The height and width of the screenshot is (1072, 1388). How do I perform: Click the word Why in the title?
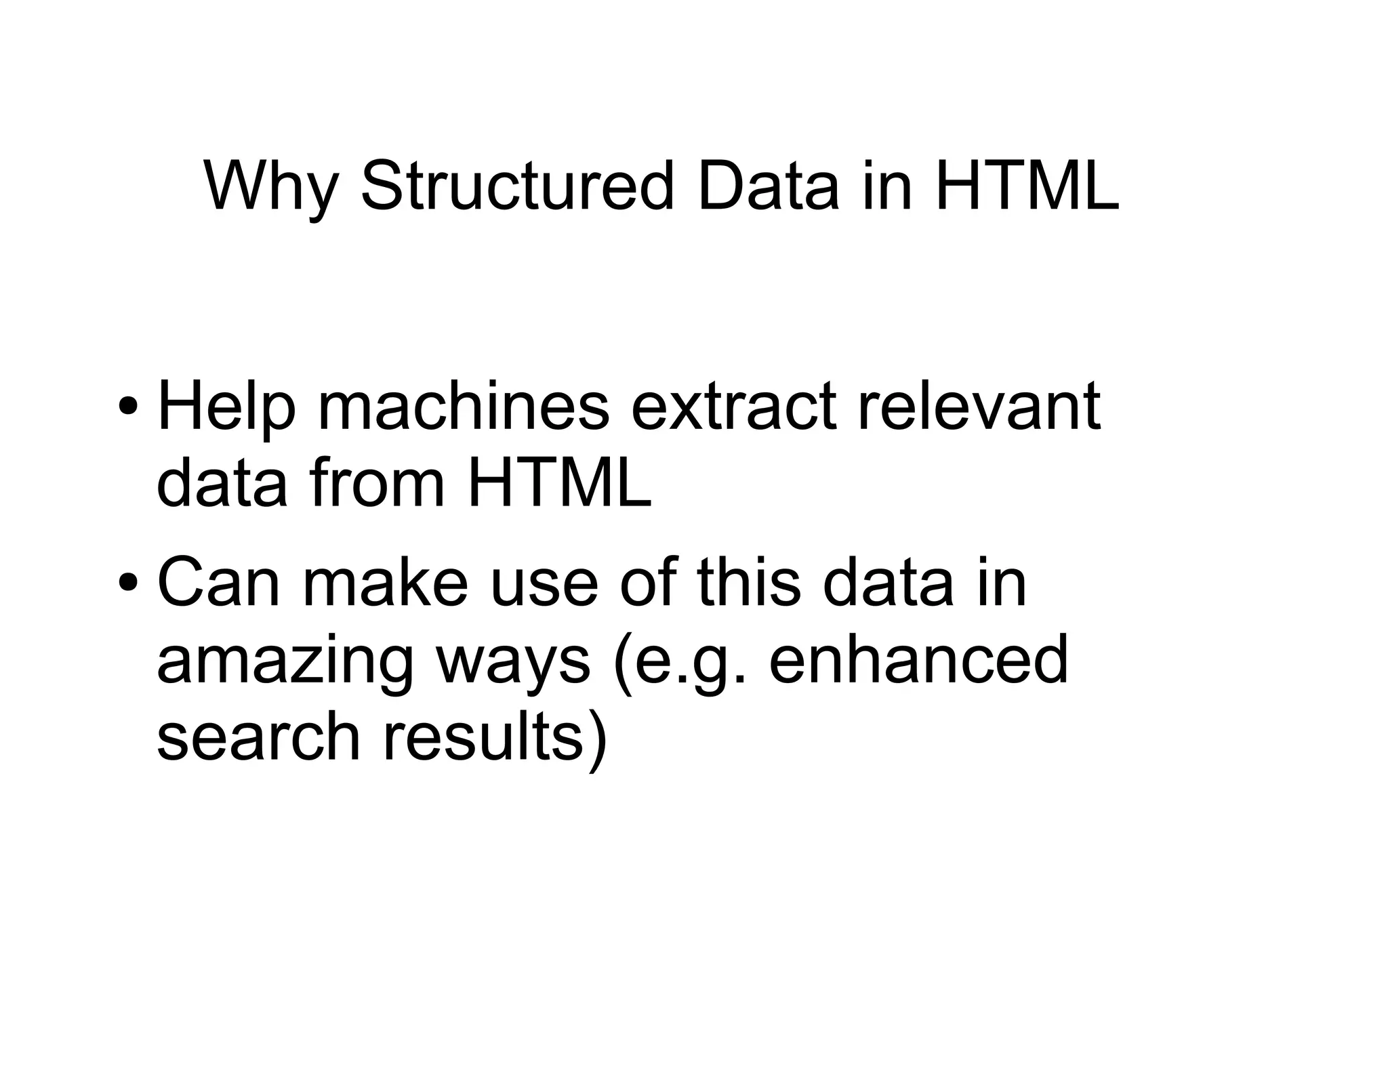pyautogui.click(x=270, y=186)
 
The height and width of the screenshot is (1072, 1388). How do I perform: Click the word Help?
pyautogui.click(x=226, y=408)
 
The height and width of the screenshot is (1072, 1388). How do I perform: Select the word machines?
pyautogui.click(x=464, y=408)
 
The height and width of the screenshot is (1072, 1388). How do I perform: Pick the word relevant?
pyautogui.click(x=979, y=408)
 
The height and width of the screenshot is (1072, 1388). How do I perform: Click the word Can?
pyautogui.click(x=218, y=582)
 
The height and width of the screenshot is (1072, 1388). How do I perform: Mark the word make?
pyautogui.click(x=385, y=582)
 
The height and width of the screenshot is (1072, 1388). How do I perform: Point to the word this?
pyautogui.click(x=749, y=582)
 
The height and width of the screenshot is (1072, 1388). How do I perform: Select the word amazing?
pyautogui.click(x=285, y=661)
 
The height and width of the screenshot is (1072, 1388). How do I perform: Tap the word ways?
pyautogui.click(x=514, y=661)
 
